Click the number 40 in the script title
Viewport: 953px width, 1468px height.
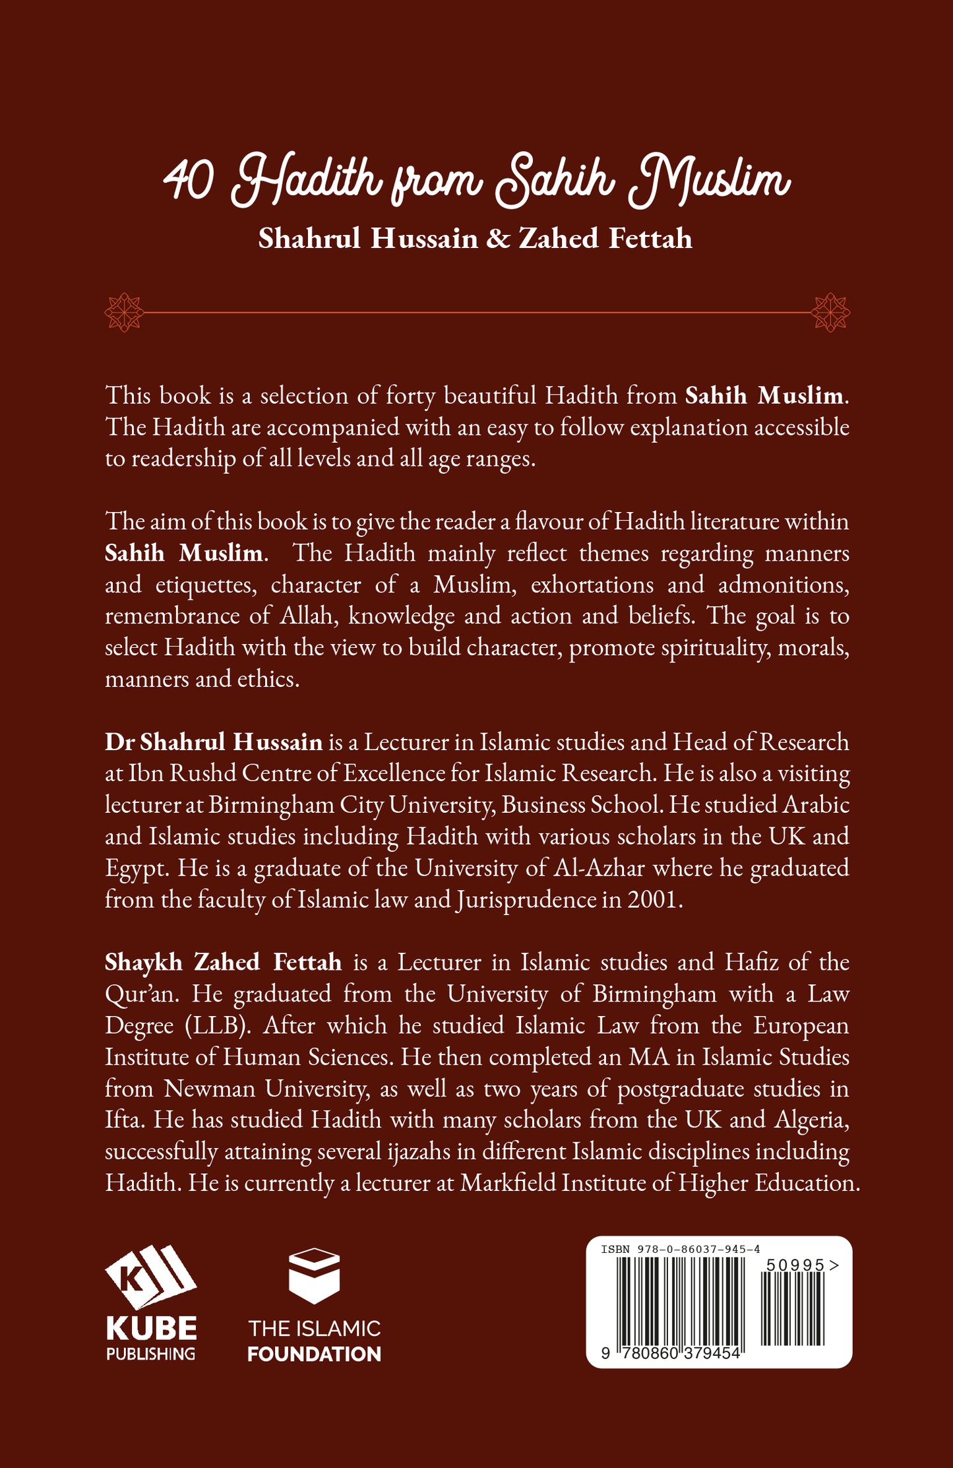coord(189,181)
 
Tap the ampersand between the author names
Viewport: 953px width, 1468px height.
coord(499,239)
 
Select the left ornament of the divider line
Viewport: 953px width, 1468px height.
coord(124,312)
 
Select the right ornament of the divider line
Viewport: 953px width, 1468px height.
coord(830,312)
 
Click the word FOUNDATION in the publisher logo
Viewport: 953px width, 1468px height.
coord(314,1354)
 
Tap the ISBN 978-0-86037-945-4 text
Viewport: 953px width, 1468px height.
coord(681,1249)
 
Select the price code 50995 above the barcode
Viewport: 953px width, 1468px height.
coord(795,1265)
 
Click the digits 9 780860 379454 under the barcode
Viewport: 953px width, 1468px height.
coord(671,1352)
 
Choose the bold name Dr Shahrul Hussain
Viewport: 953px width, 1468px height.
coord(214,742)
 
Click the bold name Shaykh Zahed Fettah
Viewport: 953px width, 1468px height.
coord(223,962)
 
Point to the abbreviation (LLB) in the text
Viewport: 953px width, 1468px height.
coord(218,1025)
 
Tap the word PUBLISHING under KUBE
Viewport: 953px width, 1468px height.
coord(150,1354)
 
